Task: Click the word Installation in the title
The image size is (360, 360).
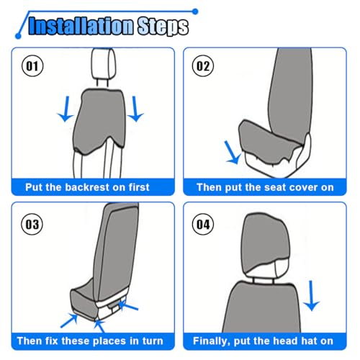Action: click(81, 26)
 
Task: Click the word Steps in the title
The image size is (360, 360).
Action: click(163, 27)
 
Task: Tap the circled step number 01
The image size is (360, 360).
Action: click(32, 66)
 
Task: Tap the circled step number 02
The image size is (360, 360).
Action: click(203, 66)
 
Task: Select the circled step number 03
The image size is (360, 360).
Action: click(32, 225)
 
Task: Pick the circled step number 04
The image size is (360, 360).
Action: click(203, 225)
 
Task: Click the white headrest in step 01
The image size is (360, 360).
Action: click(103, 63)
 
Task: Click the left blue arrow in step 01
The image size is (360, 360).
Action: click(66, 109)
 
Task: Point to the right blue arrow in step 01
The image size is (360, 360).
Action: click(135, 109)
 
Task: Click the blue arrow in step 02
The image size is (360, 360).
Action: click(233, 153)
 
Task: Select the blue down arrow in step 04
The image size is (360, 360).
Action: click(311, 296)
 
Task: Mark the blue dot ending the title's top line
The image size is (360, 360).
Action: click(195, 12)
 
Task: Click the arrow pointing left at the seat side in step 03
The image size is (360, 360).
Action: click(128, 305)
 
